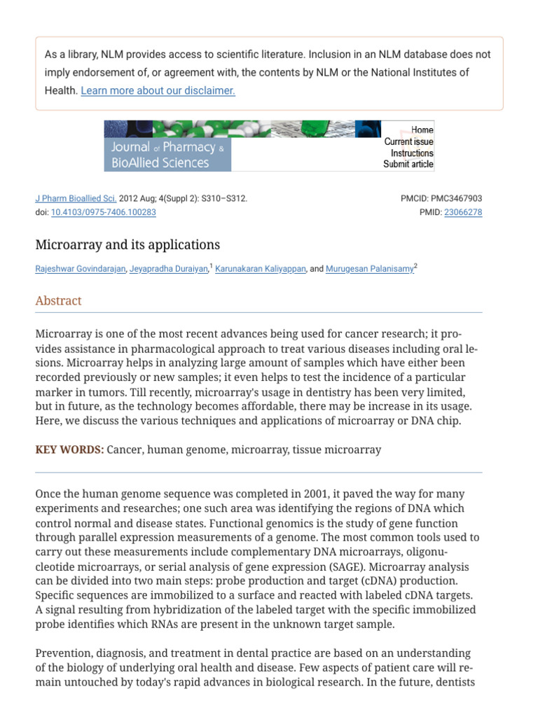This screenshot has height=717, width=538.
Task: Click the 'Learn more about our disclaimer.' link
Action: click(x=158, y=90)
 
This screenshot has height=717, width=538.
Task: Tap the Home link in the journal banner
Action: click(x=422, y=130)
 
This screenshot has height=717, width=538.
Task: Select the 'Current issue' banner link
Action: click(x=408, y=141)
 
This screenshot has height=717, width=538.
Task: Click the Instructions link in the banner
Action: click(x=412, y=153)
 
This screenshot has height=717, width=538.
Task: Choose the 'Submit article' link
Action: click(x=408, y=165)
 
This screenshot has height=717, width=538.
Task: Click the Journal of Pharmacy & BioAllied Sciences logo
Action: click(x=168, y=155)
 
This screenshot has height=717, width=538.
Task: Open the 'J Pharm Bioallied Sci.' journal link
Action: click(x=76, y=198)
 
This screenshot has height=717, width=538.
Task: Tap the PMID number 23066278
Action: click(x=463, y=212)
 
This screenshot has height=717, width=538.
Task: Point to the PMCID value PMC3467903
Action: click(x=456, y=198)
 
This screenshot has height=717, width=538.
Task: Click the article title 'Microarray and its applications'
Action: click(x=127, y=244)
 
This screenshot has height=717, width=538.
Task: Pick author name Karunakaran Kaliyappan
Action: click(x=260, y=269)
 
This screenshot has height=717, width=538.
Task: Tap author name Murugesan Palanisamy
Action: click(x=369, y=269)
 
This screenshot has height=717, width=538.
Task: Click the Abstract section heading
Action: click(x=58, y=300)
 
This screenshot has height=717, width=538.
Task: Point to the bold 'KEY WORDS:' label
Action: click(x=69, y=450)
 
